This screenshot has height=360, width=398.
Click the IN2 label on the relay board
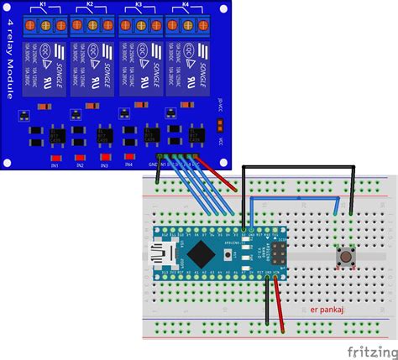pyautogui.click(x=81, y=165)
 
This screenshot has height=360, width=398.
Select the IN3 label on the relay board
pyautogui.click(x=105, y=165)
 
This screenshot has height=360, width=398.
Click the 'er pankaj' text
pyautogui.click(x=327, y=309)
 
